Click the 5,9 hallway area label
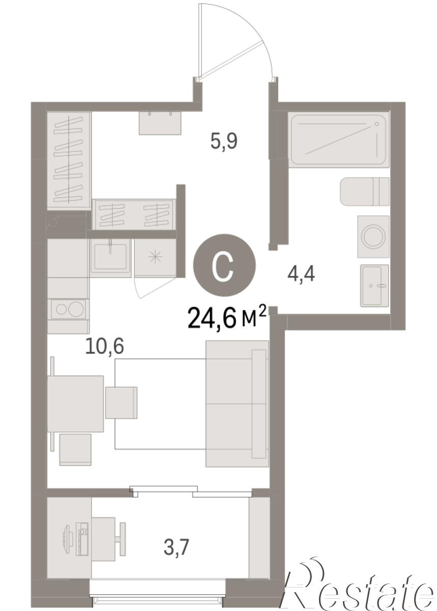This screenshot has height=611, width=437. click(224, 142)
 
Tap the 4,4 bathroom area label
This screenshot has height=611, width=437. click(301, 274)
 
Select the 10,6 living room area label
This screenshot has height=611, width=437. click(104, 346)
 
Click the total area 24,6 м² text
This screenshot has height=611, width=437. click(226, 318)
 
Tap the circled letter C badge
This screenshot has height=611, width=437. click(224, 265)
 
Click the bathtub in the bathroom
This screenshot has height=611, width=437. click(339, 140)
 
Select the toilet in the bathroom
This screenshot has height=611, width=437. click(364, 191)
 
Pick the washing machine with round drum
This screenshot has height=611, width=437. click(373, 236)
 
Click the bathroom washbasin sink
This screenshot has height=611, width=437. click(374, 286)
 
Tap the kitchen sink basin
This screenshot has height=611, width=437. click(110, 256)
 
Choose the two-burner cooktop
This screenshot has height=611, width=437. click(69, 310)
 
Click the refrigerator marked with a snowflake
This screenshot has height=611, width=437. click(155, 258)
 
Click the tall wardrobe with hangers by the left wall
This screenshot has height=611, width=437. click(69, 160)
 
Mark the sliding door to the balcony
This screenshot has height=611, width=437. click(191, 491)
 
